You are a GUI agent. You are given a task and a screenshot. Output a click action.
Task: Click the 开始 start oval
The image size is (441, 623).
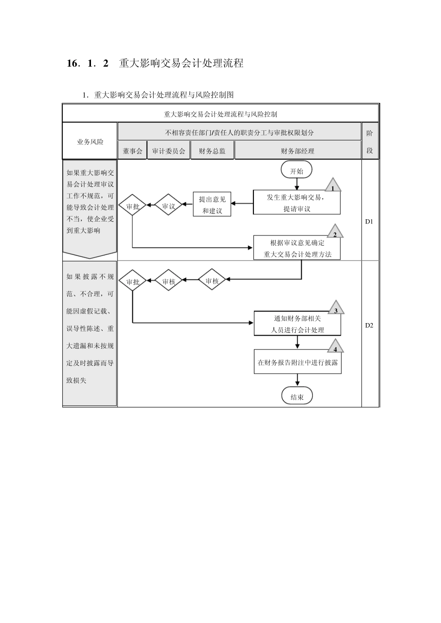point(297,170)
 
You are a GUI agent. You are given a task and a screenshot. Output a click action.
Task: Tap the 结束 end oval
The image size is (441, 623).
point(297,396)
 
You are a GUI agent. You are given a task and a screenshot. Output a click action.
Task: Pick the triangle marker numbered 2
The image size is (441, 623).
point(335,232)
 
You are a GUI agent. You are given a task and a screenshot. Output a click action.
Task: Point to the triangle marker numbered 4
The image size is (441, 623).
point(335,347)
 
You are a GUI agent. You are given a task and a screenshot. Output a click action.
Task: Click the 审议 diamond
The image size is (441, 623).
point(169,206)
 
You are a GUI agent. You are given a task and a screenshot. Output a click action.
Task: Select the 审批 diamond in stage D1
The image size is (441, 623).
point(133,206)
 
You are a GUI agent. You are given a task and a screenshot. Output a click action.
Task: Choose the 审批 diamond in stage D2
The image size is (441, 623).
point(133,281)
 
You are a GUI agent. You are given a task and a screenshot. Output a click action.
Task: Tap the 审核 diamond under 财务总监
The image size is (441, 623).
point(212,280)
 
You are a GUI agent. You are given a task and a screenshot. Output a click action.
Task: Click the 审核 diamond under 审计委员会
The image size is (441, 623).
point(169,281)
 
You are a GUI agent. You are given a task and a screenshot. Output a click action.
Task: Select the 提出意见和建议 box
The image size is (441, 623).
point(212,204)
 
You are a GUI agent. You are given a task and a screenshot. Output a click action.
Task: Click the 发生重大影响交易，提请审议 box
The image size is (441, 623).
point(297,202)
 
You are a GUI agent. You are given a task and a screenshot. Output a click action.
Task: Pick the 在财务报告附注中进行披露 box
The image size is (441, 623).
point(298,362)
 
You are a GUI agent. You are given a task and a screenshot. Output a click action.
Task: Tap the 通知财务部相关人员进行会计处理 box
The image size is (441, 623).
point(297,324)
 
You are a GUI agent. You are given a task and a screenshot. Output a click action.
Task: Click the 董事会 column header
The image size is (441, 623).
point(132,151)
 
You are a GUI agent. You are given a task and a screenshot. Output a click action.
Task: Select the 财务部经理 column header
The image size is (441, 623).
point(298,151)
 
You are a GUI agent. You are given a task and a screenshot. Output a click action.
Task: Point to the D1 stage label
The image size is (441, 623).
point(369,221)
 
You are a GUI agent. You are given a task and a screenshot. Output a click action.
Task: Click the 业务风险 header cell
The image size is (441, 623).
point(90,141)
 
